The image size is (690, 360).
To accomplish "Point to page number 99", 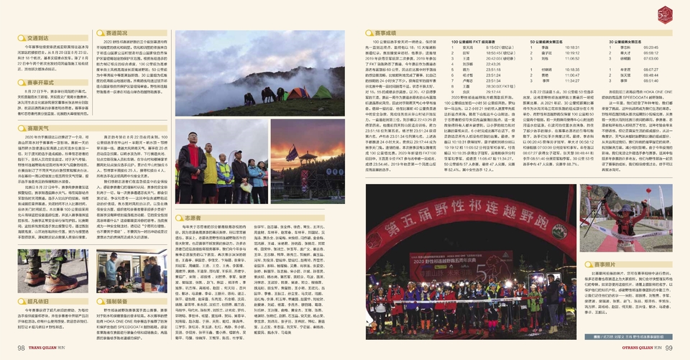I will click(668, 348).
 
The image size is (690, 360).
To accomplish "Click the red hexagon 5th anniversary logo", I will click(666, 12).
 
